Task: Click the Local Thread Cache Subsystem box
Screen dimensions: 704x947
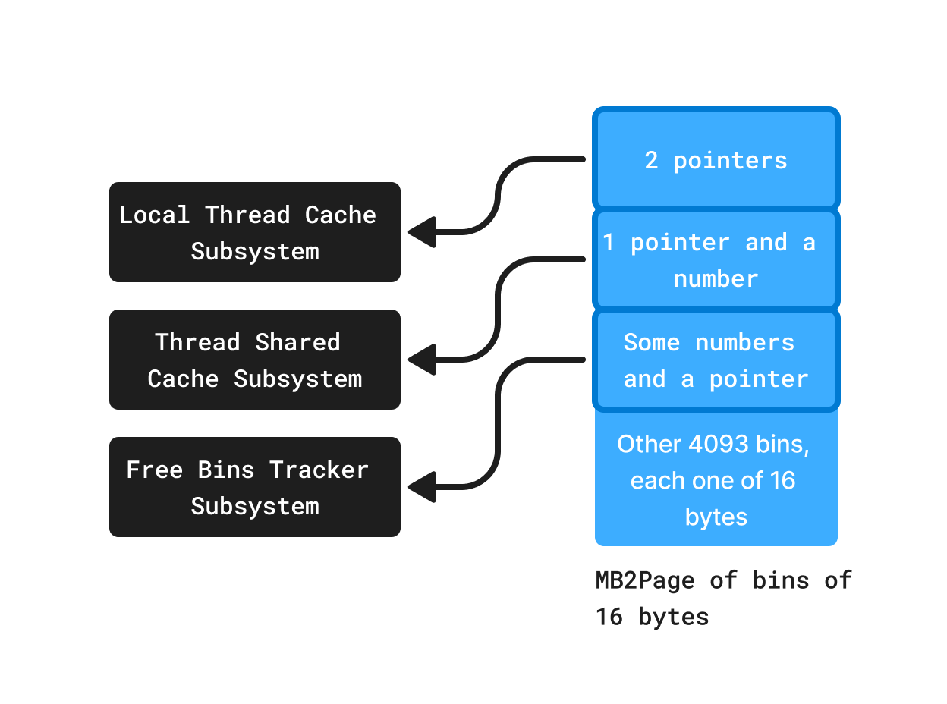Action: coord(254,232)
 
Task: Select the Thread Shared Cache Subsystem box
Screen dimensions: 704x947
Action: coord(254,360)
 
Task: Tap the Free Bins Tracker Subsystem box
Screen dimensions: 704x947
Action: coord(254,487)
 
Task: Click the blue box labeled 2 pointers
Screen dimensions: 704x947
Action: coord(716,160)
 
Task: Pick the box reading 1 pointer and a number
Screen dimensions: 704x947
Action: coord(716,260)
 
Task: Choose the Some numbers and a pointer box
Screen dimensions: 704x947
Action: coord(716,360)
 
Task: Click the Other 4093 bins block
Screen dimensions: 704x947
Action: coord(716,479)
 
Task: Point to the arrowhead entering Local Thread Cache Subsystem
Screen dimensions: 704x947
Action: coord(422,232)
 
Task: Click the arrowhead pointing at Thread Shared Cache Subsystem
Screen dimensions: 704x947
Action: coord(422,360)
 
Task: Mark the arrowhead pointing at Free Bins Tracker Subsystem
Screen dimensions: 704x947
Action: coord(422,487)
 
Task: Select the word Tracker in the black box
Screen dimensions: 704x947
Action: coord(319,470)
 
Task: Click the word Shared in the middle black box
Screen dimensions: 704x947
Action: coord(297,342)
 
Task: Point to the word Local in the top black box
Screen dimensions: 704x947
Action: coord(154,215)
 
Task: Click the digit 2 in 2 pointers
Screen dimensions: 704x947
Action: coord(651,160)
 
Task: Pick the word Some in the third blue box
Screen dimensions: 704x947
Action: coord(651,342)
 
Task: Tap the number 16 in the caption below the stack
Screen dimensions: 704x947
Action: coord(609,617)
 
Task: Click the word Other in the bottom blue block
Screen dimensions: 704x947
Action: coord(650,444)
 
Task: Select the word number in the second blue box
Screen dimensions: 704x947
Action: coord(716,278)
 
